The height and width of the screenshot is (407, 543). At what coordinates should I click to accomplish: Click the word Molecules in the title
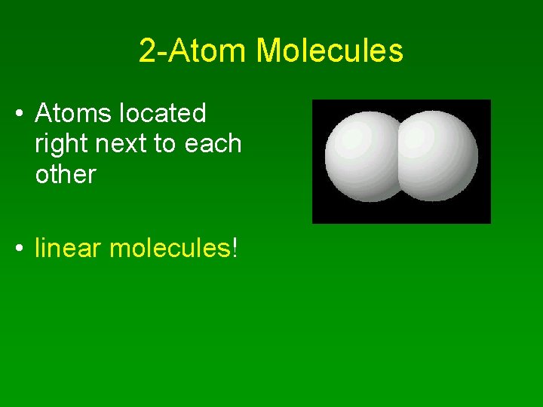coord(330,51)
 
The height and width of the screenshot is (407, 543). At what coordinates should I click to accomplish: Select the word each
coord(214,144)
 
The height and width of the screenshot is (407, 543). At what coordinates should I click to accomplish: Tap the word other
coord(66,174)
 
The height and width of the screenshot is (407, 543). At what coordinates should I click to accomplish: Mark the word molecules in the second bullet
coord(170,248)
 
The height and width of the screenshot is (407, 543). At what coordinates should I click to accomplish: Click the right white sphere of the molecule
coord(441,157)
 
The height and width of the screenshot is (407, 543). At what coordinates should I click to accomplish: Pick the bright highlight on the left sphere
coord(351,139)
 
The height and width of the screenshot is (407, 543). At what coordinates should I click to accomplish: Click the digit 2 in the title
coord(147,51)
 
